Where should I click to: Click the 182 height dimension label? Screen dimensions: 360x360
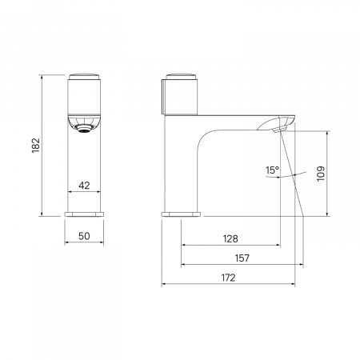[36, 146]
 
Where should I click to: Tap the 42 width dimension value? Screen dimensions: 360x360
[84, 186]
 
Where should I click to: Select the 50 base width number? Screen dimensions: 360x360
[84, 236]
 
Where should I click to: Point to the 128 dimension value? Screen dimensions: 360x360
[230, 238]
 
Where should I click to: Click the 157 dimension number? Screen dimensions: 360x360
[242, 258]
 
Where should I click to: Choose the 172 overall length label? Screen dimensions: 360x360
[229, 278]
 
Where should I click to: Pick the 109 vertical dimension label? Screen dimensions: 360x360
[321, 174]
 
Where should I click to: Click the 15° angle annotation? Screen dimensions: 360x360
[272, 170]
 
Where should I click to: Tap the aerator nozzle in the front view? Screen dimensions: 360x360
[84, 129]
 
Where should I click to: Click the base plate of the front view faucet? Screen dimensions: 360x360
[84, 214]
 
